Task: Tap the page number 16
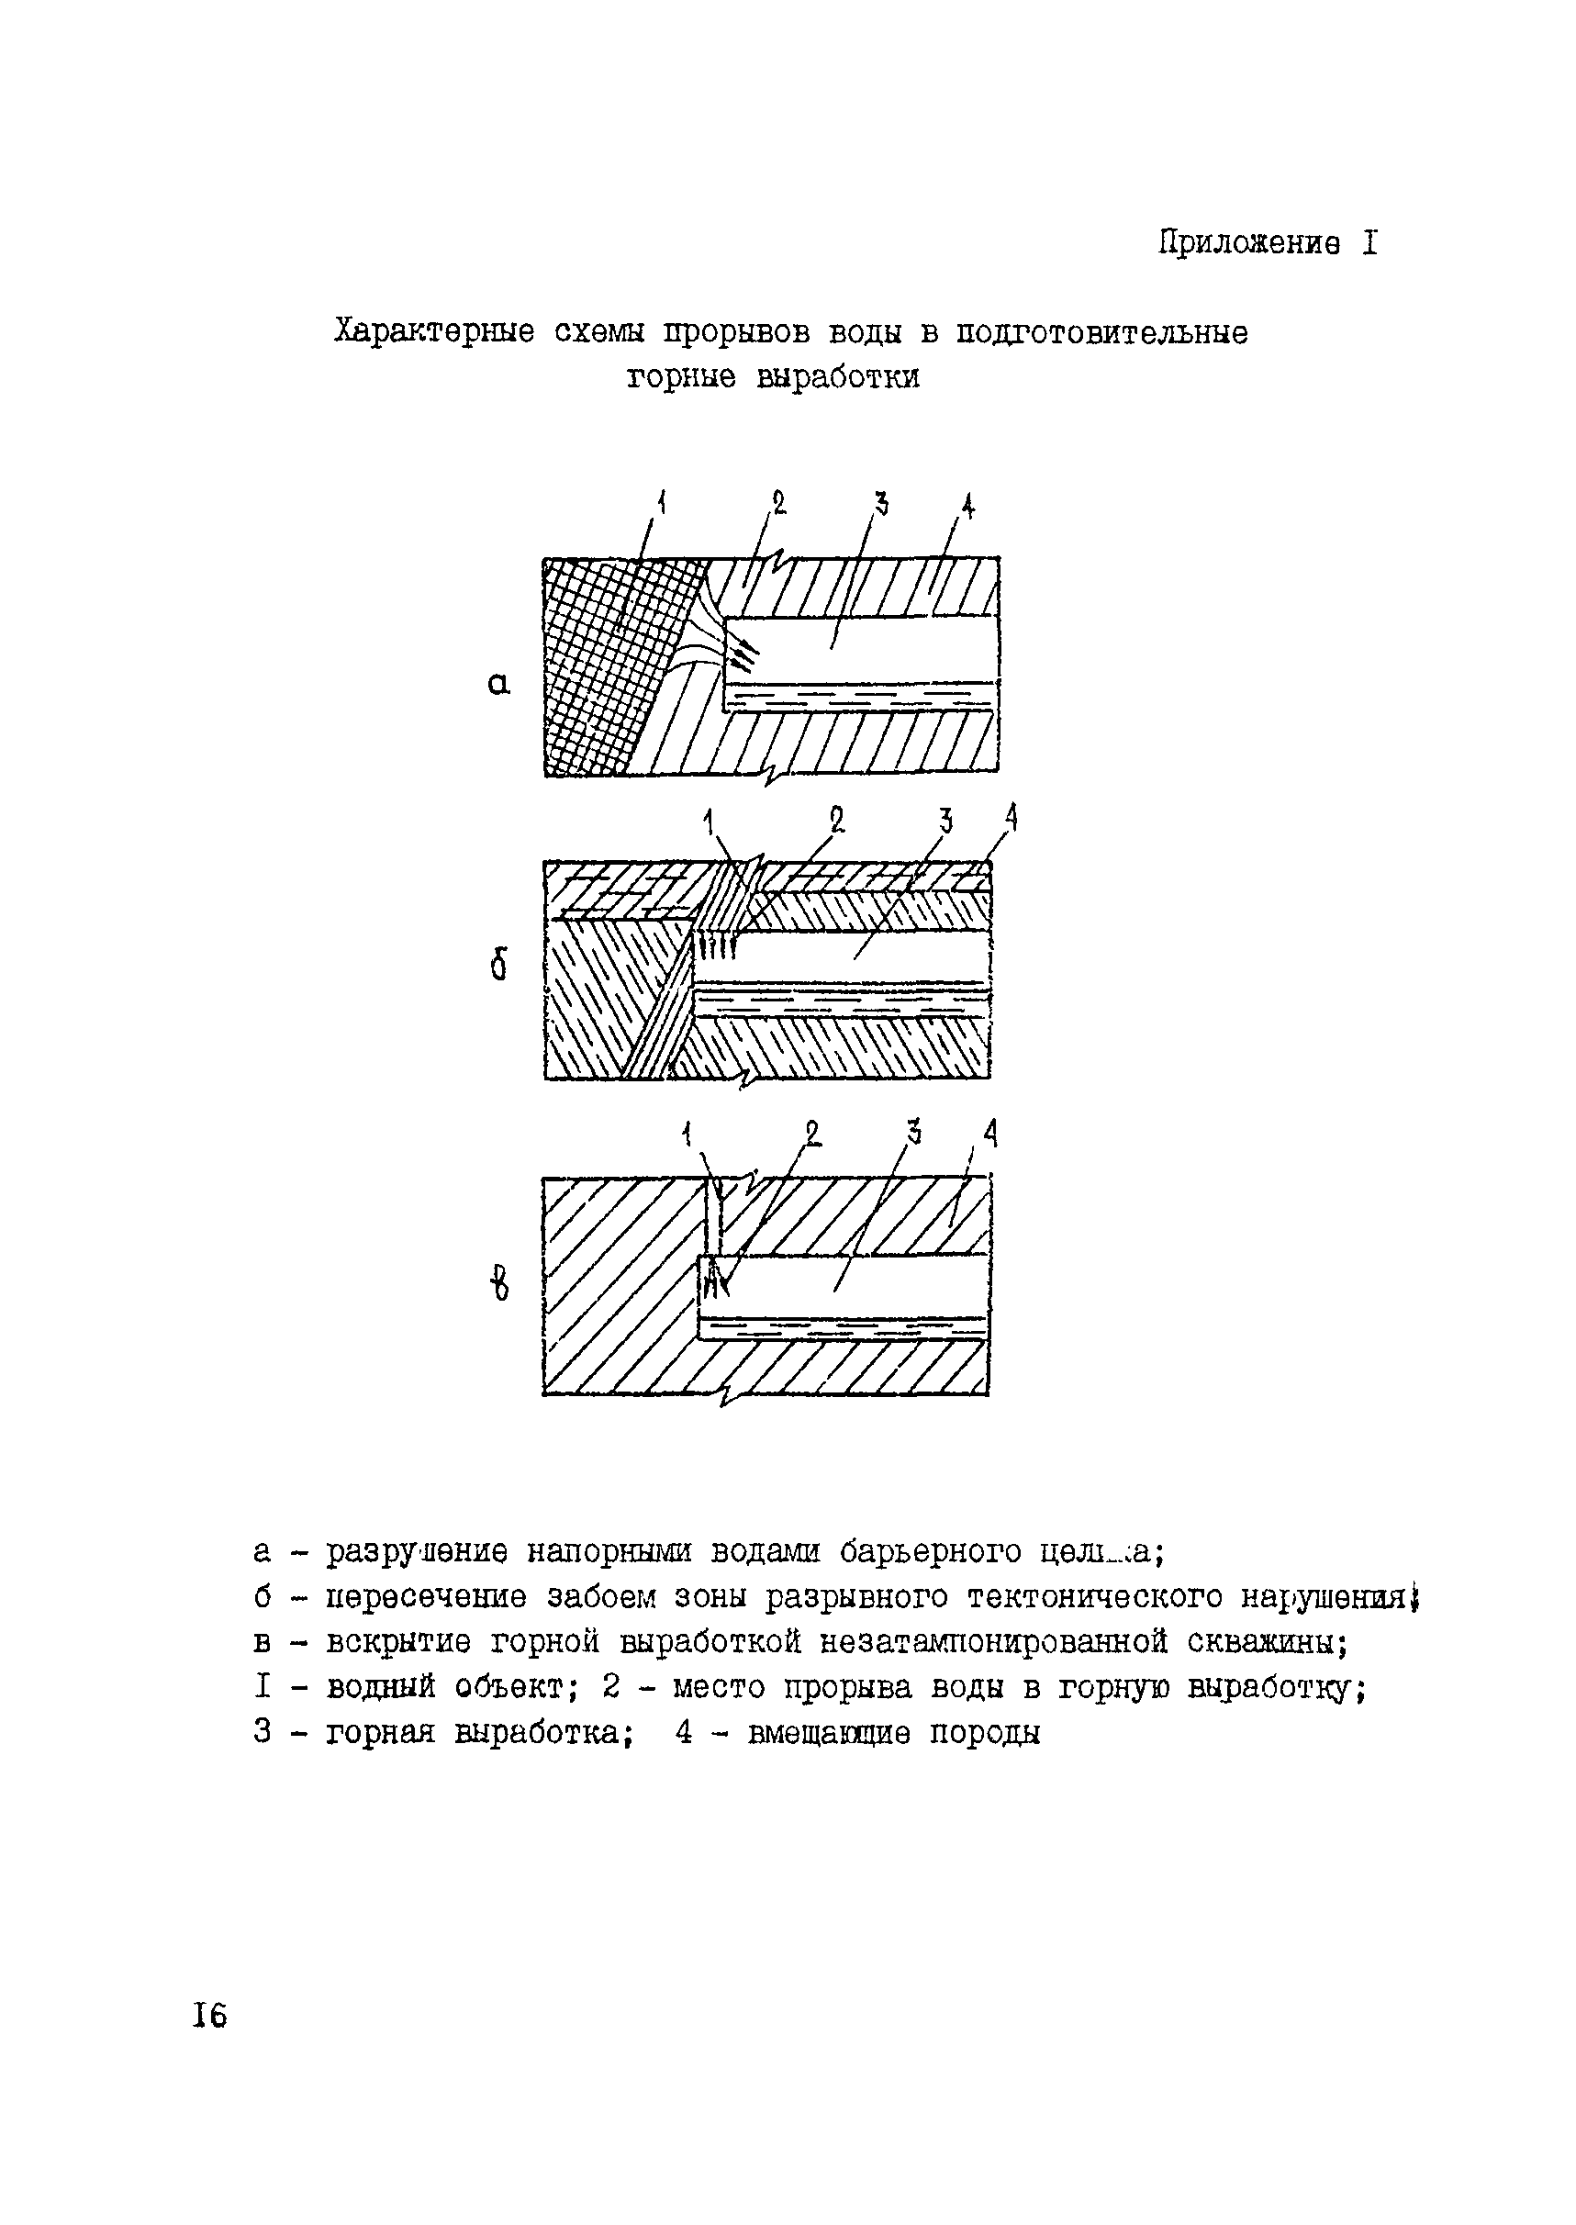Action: point(208,2017)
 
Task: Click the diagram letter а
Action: point(497,685)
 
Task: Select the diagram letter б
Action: point(498,966)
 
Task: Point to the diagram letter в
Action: point(498,1287)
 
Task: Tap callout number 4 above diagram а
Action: point(967,506)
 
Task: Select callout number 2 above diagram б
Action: point(835,820)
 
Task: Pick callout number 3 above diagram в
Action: point(913,1132)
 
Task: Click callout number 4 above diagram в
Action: point(989,1133)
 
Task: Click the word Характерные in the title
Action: point(434,333)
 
